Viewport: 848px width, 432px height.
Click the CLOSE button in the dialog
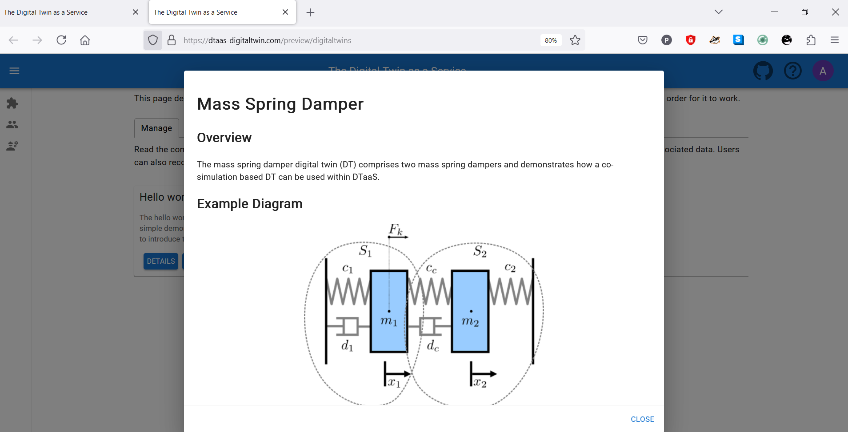642,419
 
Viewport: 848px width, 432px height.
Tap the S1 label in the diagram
365,251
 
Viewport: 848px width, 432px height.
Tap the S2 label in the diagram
480,251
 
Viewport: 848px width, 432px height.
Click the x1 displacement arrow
397,374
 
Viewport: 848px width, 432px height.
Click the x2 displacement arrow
483,374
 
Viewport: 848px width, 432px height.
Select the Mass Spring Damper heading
280,104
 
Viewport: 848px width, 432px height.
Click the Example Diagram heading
249,204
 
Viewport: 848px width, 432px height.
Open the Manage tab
156,128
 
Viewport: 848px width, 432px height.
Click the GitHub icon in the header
763,71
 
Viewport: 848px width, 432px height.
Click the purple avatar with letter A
823,71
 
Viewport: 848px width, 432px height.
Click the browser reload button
61,40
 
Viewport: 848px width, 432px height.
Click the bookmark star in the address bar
575,40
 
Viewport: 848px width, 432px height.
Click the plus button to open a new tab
310,12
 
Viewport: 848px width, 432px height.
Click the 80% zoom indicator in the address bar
551,40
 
